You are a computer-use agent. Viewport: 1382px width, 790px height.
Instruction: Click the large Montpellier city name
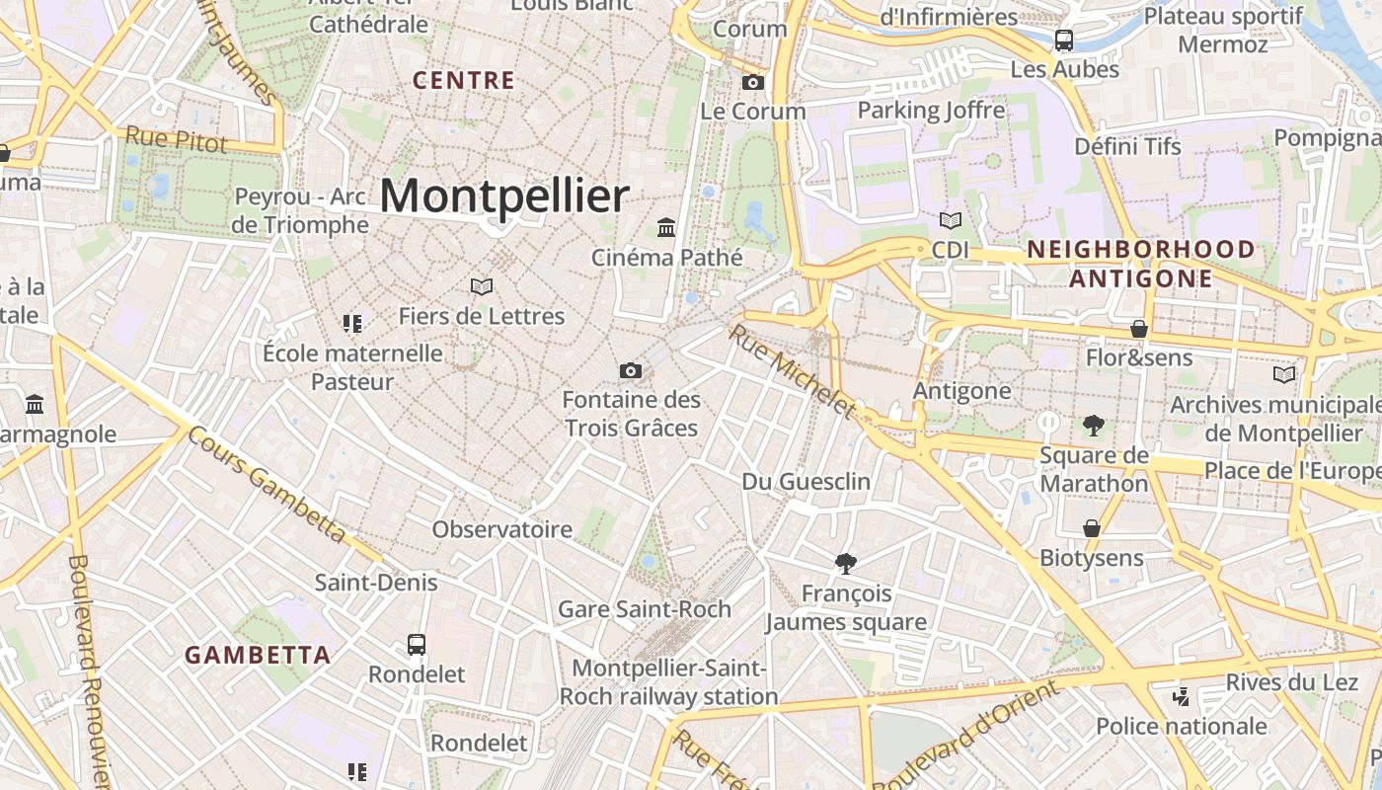point(503,196)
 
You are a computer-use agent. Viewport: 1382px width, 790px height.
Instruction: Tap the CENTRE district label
point(464,80)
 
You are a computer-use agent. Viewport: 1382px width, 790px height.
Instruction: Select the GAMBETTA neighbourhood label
point(258,655)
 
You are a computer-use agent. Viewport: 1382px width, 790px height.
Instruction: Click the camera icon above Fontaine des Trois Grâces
point(631,370)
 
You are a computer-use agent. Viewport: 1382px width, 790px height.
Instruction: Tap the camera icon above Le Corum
point(753,82)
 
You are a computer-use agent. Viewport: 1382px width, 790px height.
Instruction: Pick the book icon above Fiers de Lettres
point(482,286)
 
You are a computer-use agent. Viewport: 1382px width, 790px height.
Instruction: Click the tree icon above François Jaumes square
point(845,564)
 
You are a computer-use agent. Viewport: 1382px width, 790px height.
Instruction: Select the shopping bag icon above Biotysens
point(1092,528)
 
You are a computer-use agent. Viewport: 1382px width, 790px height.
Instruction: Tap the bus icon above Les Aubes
point(1064,40)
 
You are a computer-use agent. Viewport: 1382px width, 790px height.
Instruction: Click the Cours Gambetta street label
point(267,484)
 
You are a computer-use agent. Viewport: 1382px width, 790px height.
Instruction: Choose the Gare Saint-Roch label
point(645,608)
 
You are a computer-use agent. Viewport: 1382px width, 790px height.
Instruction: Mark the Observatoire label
point(501,529)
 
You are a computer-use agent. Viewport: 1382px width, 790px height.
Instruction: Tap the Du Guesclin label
point(806,481)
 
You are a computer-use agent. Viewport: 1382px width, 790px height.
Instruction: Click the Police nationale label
point(1182,727)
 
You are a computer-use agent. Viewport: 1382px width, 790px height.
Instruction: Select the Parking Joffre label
point(931,110)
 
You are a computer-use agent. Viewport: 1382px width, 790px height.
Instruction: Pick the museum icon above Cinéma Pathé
point(666,228)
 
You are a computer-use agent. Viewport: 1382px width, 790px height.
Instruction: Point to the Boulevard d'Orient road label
point(967,733)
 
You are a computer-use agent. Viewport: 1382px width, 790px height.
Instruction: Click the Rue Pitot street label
point(177,139)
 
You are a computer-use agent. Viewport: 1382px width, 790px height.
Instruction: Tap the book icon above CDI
point(951,220)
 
